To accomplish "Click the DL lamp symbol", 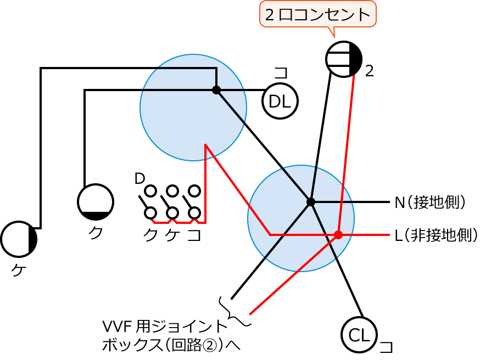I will coord(280,101).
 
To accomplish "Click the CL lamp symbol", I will coord(359,334).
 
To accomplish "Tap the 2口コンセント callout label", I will coord(317,15).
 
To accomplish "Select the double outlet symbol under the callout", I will coord(344,59).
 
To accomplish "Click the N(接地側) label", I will coord(431,202).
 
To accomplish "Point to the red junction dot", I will coord(338,235).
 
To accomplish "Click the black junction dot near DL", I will coord(216,90).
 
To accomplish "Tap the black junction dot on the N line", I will coord(311,202).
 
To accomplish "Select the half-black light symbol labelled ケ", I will coord(19,239).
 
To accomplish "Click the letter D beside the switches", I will coord(139,178).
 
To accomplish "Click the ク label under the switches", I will coord(150,235).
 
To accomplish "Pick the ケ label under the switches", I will coord(172,235).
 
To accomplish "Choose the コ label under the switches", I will coord(194,235).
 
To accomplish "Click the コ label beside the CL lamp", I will coord(387,347).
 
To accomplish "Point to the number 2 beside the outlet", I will coord(370,71).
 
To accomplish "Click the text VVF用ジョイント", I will coord(165,327).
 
